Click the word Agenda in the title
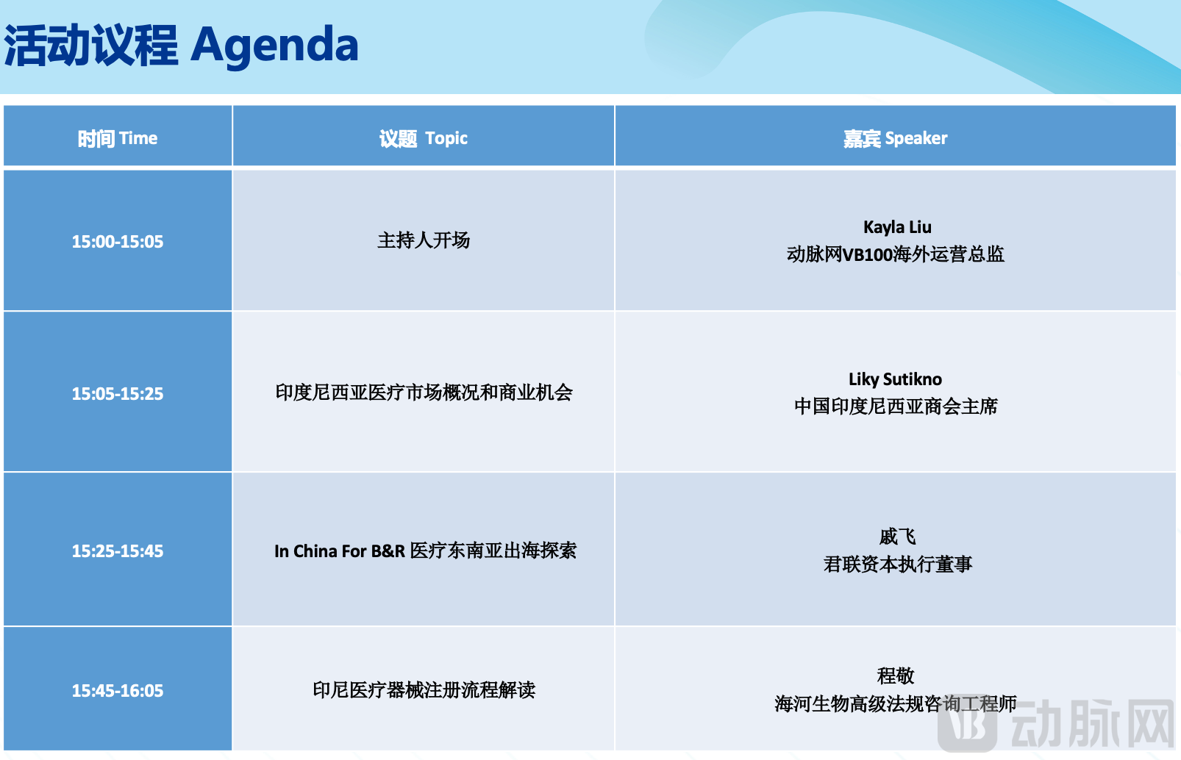pyautogui.click(x=274, y=46)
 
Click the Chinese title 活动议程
pyautogui.click(x=91, y=46)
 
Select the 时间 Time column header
pyautogui.click(x=118, y=138)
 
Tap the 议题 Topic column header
pyautogui.click(x=423, y=138)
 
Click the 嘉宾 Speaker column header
pyautogui.click(x=895, y=138)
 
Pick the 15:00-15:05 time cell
pyautogui.click(x=118, y=242)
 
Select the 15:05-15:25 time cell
pyautogui.click(x=118, y=394)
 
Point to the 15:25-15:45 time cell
pyautogui.click(x=118, y=551)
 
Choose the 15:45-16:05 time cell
pyautogui.click(x=118, y=691)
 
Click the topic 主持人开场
pyautogui.click(x=423, y=240)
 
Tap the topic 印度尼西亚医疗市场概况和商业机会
pyautogui.click(x=424, y=392)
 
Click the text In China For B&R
pyautogui.click(x=339, y=551)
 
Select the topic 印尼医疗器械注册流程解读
pyautogui.click(x=424, y=690)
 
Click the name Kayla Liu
pyautogui.click(x=896, y=227)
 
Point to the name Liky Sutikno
pyautogui.click(x=895, y=379)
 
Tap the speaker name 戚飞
pyautogui.click(x=896, y=537)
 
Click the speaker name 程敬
pyautogui.click(x=895, y=675)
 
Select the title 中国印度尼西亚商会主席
pyautogui.click(x=895, y=406)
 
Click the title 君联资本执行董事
pyautogui.click(x=897, y=564)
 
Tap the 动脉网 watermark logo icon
pyautogui.click(x=967, y=724)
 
